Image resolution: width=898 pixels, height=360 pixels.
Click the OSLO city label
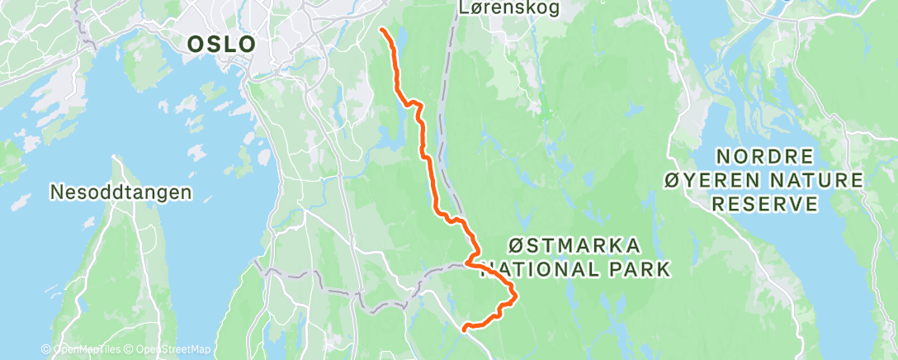point(221,44)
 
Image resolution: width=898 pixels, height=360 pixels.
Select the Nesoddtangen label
point(121,192)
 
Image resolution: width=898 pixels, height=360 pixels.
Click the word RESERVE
point(766,203)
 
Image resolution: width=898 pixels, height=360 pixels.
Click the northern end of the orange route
point(384,30)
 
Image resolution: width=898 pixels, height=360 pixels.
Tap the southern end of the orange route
point(465,329)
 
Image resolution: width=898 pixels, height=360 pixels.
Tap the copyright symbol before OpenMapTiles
point(46,350)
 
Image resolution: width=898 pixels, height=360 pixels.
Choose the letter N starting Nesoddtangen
point(57,192)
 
